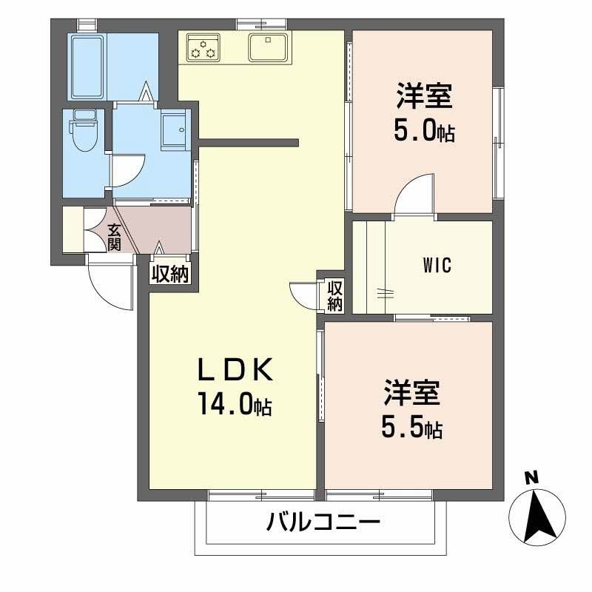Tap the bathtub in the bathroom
pyautogui.click(x=88, y=66)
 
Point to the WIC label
pyautogui.click(x=437, y=265)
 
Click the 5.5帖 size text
pyautogui.click(x=411, y=428)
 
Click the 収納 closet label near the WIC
pyautogui.click(x=334, y=295)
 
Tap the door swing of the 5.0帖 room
pyautogui.click(x=414, y=194)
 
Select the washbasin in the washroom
pyautogui.click(x=175, y=128)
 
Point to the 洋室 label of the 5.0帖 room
pyautogui.click(x=424, y=96)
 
